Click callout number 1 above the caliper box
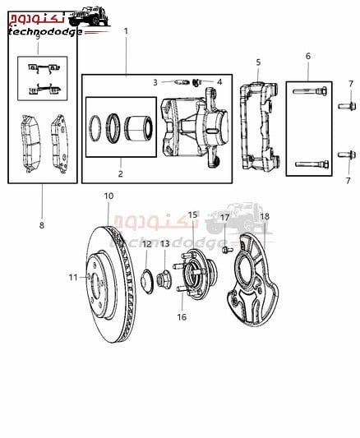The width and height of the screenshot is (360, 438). tap(126, 31)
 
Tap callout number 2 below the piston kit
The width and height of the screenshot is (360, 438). tap(120, 173)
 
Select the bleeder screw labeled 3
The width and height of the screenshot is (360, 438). tap(182, 82)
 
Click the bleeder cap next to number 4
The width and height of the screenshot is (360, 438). tap(197, 82)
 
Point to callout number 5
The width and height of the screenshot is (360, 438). tap(258, 62)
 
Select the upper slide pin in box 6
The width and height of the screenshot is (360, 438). tap(310, 91)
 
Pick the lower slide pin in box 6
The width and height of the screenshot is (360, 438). tap(312, 164)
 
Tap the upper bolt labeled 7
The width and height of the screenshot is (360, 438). tap(347, 106)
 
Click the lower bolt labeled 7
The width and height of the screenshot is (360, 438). tap(347, 154)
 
